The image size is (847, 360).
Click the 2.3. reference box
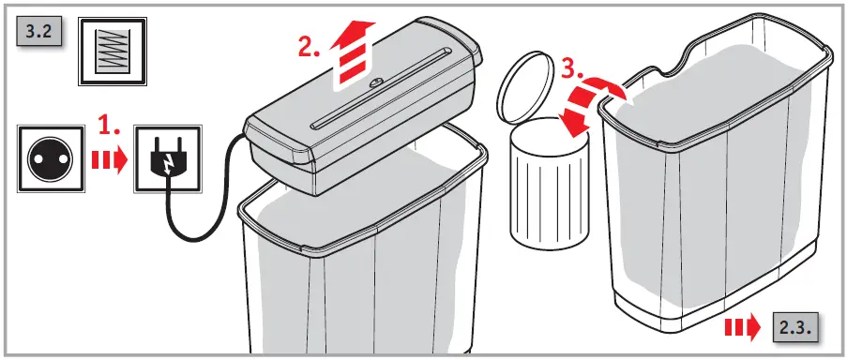click(798, 328)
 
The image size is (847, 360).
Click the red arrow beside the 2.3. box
click(746, 328)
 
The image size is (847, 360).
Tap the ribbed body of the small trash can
click(547, 192)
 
